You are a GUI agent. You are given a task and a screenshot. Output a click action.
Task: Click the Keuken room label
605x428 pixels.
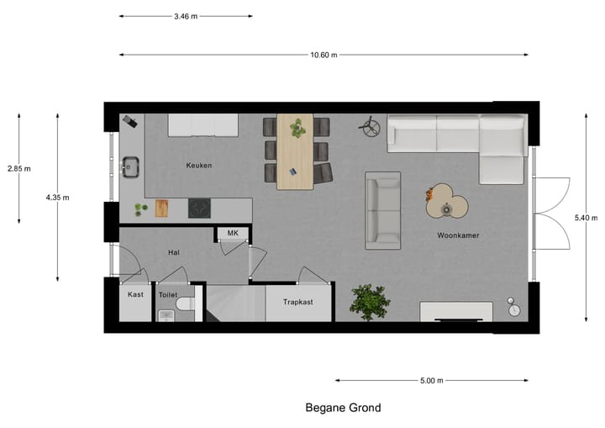coord(199,166)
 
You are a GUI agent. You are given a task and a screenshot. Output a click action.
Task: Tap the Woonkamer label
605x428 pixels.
coord(458,235)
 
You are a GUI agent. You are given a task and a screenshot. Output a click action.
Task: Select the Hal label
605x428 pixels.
coord(174,251)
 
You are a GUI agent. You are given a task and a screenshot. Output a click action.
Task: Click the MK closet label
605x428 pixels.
coord(233,233)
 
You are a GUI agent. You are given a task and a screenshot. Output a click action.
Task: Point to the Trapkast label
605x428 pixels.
coord(298,301)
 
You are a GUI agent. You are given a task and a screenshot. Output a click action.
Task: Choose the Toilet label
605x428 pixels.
coord(168,295)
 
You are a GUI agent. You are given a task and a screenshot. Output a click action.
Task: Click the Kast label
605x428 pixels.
coord(134,294)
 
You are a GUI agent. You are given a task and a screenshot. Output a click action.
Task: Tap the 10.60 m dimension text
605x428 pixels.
coord(323,55)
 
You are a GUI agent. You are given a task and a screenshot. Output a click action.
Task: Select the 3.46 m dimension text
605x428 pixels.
coord(187,16)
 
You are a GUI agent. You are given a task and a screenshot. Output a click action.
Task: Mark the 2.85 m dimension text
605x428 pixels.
coord(18,168)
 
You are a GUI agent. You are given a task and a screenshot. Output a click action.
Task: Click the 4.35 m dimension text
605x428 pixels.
coord(57,198)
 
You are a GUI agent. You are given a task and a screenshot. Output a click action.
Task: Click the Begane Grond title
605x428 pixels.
coord(342,408)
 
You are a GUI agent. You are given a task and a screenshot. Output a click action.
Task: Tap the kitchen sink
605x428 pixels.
coord(130,166)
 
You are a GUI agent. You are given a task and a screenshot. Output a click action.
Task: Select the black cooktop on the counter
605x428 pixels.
coord(200,207)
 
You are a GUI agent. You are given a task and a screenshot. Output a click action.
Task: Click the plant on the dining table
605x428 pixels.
coord(297,128)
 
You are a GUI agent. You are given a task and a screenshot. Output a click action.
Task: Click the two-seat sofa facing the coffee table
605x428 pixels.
coord(382,210)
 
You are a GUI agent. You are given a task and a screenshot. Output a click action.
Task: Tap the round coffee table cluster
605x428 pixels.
coord(446,203)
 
